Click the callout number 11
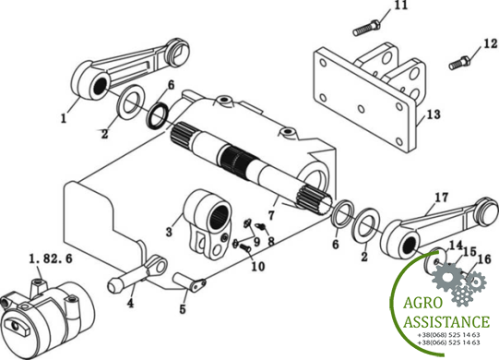pyautogui.click(x=400, y=6)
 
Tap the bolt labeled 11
pyautogui.click(x=366, y=28)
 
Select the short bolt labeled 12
pyautogui.click(x=460, y=63)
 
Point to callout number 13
pyautogui.click(x=434, y=114)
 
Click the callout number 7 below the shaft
pyautogui.click(x=271, y=215)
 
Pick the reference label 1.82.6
pyautogui.click(x=51, y=258)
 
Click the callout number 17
pyautogui.click(x=442, y=198)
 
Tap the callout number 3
pyautogui.click(x=169, y=232)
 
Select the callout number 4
pyautogui.click(x=130, y=303)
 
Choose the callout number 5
pyautogui.click(x=183, y=308)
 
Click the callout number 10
pyautogui.click(x=258, y=267)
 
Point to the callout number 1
pyautogui.click(x=64, y=118)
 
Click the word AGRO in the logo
pyautogui.click(x=422, y=303)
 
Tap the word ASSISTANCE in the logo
pyautogui.click(x=446, y=322)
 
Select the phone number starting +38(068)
pyautogui.click(x=448, y=335)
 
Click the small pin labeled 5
pyautogui.click(x=190, y=281)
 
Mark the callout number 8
pyautogui.click(x=270, y=241)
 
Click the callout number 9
pyautogui.click(x=256, y=241)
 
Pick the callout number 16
pyautogui.click(x=484, y=259)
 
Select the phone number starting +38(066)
pyautogui.click(x=448, y=342)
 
